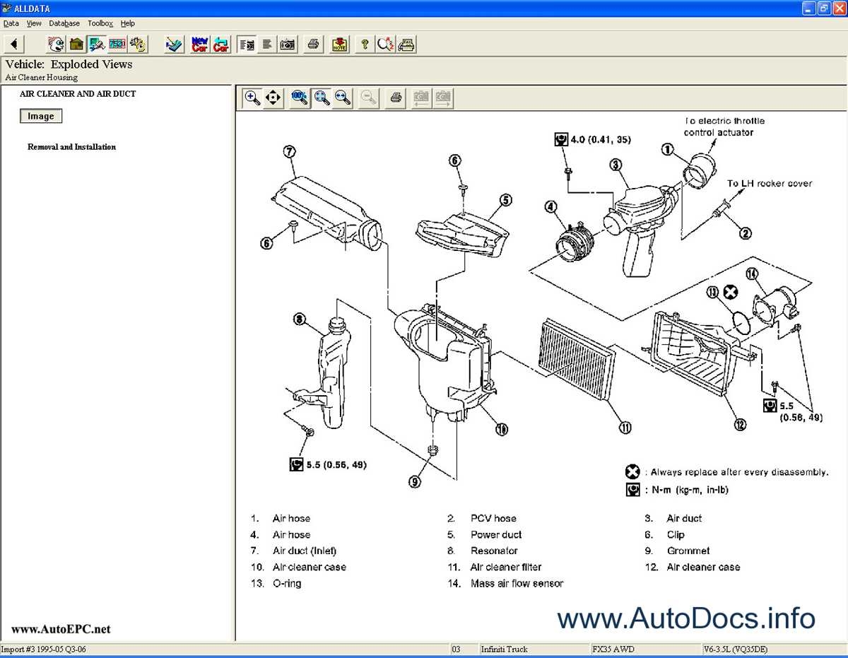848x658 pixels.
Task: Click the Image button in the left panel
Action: [41, 116]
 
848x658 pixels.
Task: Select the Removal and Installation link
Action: [71, 147]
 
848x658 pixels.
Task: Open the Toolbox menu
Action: [100, 23]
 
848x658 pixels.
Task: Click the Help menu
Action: [127, 23]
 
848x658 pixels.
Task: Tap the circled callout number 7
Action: [289, 151]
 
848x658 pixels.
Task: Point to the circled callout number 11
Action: [625, 427]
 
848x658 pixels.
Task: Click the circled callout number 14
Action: [750, 274]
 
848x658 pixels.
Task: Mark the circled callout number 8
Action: [300, 319]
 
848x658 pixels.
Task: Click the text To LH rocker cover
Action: [770, 184]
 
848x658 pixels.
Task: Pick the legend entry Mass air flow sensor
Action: [517, 583]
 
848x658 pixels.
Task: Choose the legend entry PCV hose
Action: [493, 518]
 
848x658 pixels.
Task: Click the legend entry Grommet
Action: [688, 551]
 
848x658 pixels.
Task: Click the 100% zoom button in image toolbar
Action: [300, 98]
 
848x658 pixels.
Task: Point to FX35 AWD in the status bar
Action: [613, 649]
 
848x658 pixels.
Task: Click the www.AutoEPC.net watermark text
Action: [61, 629]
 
